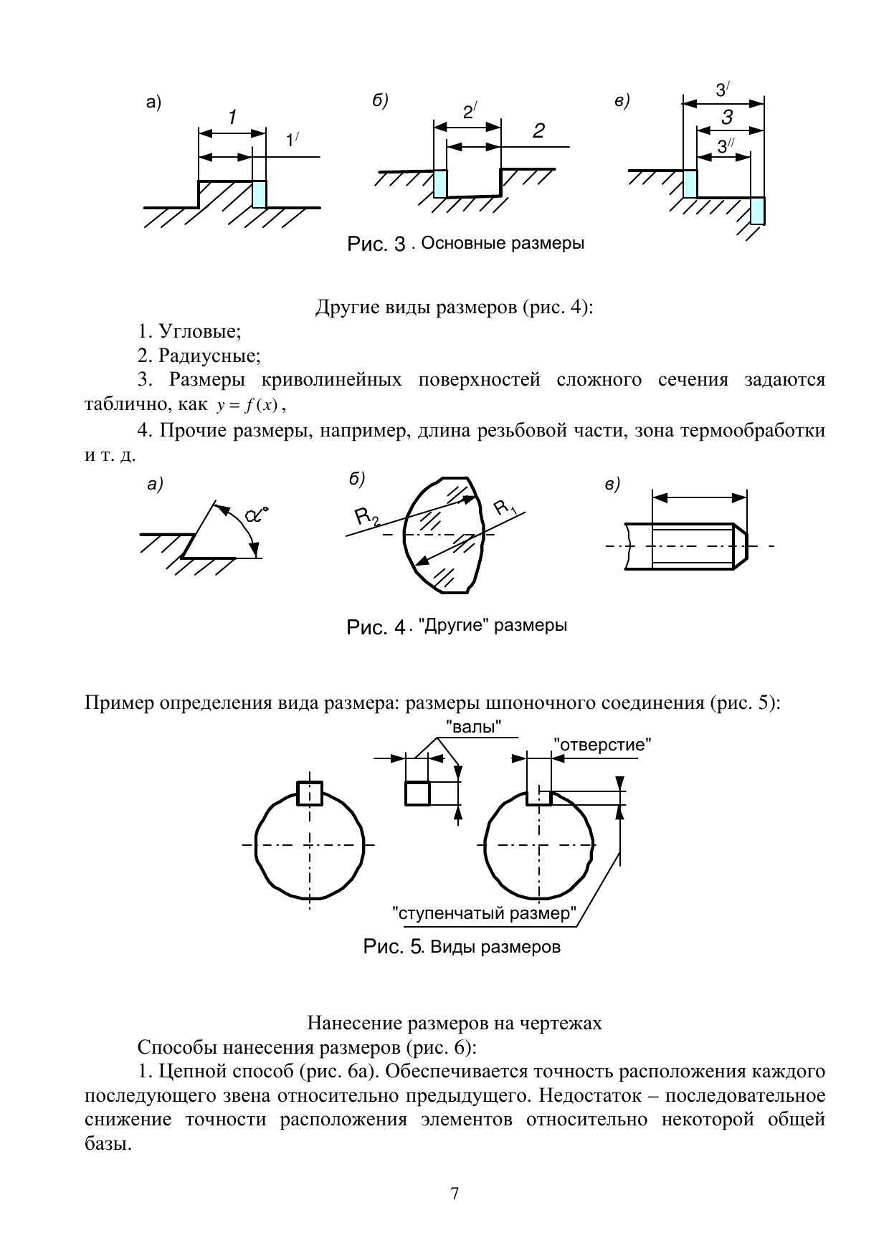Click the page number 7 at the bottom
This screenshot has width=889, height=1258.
(x=455, y=1193)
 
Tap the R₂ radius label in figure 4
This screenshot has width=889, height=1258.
(x=367, y=516)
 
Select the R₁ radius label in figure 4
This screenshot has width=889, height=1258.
(x=505, y=508)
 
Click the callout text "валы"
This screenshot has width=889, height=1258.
(x=473, y=726)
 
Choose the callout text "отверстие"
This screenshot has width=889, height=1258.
(x=602, y=744)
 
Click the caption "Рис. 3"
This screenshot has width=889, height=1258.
(x=376, y=244)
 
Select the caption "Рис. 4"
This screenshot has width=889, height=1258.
(x=376, y=627)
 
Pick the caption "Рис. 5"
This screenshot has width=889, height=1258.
(x=393, y=947)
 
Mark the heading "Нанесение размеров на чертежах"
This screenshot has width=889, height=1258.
(x=455, y=1023)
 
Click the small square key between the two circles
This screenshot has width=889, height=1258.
(x=417, y=794)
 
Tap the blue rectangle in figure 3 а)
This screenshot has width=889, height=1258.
(x=259, y=194)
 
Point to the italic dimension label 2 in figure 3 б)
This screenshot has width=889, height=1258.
(x=538, y=130)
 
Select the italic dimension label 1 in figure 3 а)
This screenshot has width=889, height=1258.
(x=232, y=117)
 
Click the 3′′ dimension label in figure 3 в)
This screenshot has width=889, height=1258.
(x=726, y=147)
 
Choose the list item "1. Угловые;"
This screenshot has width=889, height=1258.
(x=189, y=331)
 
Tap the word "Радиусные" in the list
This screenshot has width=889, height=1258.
(x=209, y=356)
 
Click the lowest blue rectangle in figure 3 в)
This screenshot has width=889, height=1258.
(x=758, y=210)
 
